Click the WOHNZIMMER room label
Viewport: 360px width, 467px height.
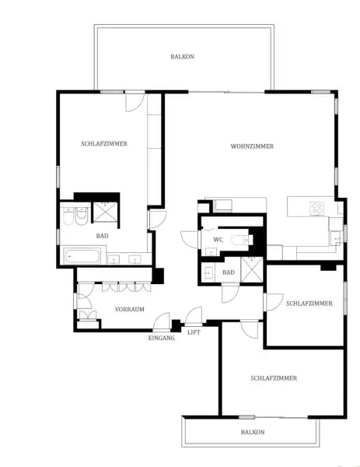pos(252,146)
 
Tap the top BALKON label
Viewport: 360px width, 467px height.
pos(183,57)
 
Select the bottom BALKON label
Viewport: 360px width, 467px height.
pos(252,432)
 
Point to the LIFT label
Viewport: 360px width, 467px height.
pos(194,332)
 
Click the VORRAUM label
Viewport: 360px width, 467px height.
pos(130,309)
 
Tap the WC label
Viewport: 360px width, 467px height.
pos(219,240)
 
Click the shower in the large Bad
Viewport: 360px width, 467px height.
pos(103,212)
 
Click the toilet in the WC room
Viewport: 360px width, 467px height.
pos(243,239)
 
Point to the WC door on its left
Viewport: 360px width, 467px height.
pos(189,239)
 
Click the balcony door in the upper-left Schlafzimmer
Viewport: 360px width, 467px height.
pos(135,101)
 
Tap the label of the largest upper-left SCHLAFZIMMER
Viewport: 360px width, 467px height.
pos(104,143)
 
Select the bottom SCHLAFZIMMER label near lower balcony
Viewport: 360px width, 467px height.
pos(274,377)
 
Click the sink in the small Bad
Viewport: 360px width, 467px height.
pos(209,273)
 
